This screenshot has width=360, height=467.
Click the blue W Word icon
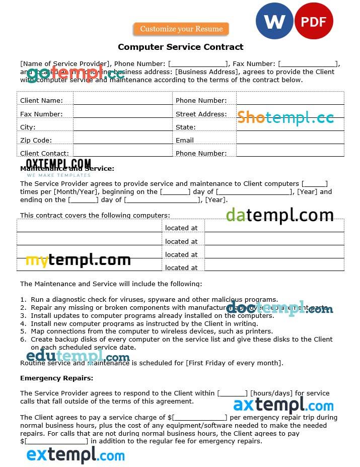click(x=274, y=21)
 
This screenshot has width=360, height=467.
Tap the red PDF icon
click(x=313, y=21)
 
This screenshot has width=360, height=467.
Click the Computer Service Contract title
click(x=180, y=47)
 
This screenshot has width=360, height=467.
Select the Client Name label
click(x=41, y=101)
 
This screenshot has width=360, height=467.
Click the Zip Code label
click(x=36, y=141)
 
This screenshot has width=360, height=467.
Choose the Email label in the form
click(x=184, y=141)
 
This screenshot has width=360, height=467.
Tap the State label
click(x=185, y=127)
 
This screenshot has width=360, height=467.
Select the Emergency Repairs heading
click(x=56, y=378)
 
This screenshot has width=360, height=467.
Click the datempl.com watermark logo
click(x=279, y=215)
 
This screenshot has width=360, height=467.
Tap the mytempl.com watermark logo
click(x=78, y=260)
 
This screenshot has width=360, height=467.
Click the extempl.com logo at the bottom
click(x=76, y=455)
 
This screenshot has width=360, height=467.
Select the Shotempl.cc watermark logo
click(x=285, y=118)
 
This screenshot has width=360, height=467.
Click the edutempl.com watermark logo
click(x=78, y=357)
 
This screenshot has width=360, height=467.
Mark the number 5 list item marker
click(x=23, y=331)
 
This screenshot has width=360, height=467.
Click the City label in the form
click(x=28, y=127)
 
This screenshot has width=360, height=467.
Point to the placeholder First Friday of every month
click(x=234, y=363)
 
